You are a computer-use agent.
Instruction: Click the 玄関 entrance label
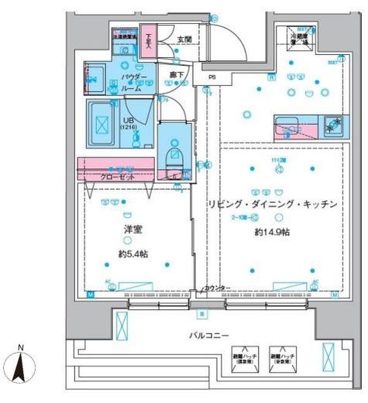click(x=184, y=39)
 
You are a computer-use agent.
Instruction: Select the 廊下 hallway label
click(x=177, y=74)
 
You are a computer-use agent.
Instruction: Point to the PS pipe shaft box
click(x=211, y=77)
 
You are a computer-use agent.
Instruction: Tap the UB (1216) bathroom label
click(x=129, y=125)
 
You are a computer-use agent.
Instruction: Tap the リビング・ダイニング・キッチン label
click(x=272, y=205)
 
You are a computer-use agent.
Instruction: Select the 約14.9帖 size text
click(x=271, y=232)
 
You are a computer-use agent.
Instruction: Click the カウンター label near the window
click(x=218, y=288)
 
